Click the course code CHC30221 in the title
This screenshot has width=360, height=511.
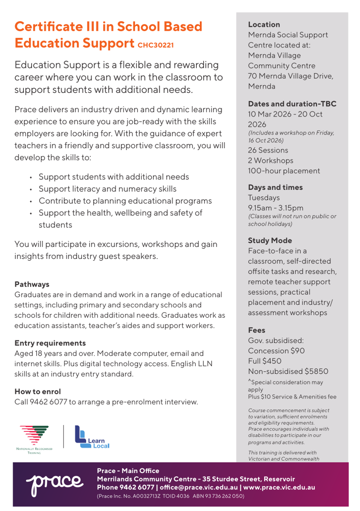[156, 45]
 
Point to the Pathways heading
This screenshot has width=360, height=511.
[32, 284]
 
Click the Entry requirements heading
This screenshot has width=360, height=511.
[50, 343]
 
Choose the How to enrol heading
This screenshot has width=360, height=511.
[37, 391]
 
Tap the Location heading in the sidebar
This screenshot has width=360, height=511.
[264, 25]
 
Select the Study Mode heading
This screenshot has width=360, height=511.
[270, 241]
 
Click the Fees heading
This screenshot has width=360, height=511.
[256, 330]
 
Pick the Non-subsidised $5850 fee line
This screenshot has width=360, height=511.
[288, 371]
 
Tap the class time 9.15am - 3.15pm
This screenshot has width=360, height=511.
[276, 208]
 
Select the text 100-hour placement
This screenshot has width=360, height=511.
[284, 171]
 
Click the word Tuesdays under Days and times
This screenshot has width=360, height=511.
[264, 198]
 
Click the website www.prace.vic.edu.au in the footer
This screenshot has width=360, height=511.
[279, 487]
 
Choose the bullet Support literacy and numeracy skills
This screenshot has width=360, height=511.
[107, 189]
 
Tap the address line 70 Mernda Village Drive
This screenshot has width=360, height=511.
[291, 76]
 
